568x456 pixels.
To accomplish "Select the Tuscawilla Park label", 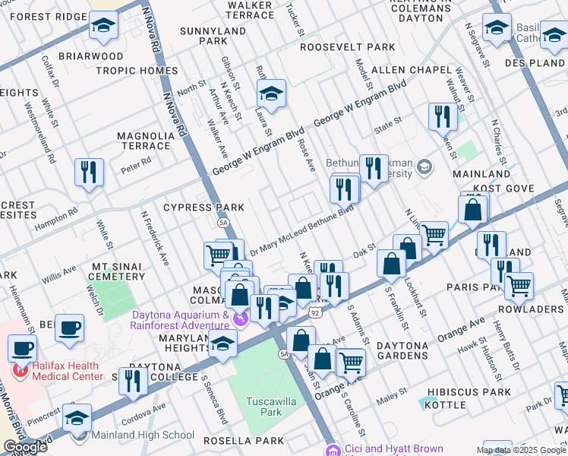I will click(x=263, y=406).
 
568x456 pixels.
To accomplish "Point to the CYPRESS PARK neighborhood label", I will click(x=204, y=207).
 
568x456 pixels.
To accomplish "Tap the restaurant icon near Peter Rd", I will click(x=89, y=173).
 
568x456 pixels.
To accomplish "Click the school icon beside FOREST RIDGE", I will click(x=103, y=26).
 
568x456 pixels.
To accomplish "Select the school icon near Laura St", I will click(x=270, y=94).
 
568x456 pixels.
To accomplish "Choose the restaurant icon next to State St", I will click(x=441, y=117).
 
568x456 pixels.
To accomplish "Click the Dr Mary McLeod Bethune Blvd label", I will click(x=301, y=226).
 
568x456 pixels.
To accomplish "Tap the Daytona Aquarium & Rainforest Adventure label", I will click(x=181, y=321).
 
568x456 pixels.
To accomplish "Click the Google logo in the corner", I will click(x=25, y=447).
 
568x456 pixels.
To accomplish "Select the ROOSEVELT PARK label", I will click(x=347, y=47).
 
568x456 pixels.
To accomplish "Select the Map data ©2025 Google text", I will click(x=521, y=450).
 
